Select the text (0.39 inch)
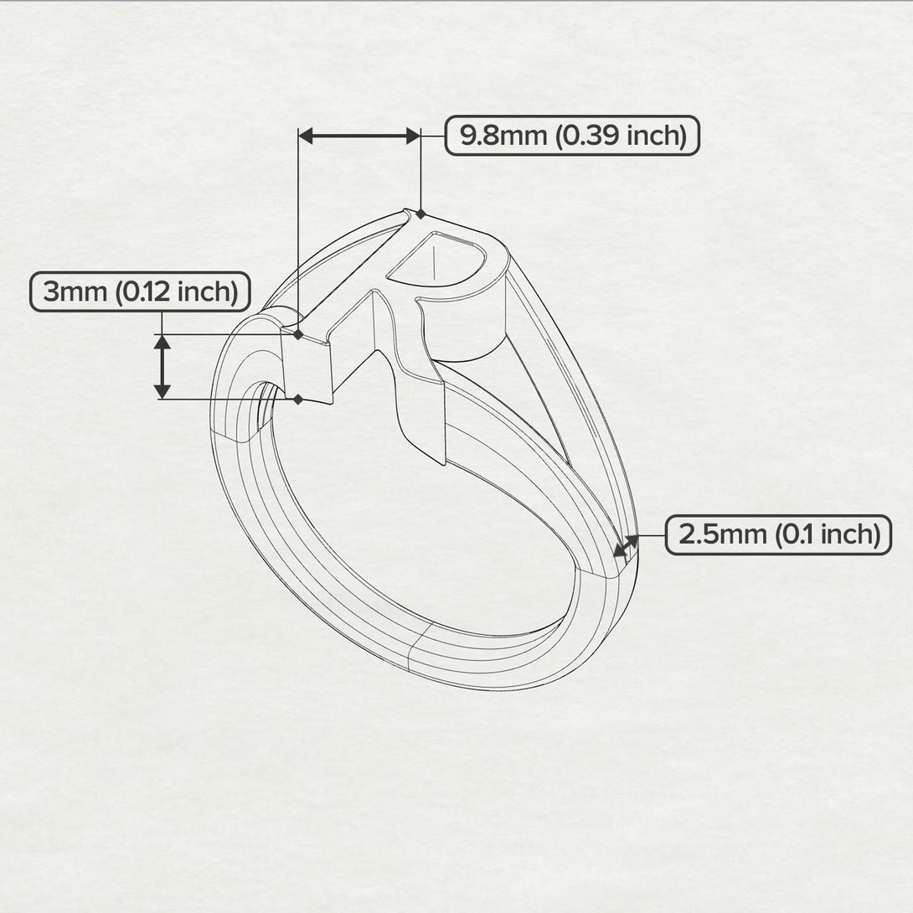[621, 136]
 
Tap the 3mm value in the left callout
[75, 292]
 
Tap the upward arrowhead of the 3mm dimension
[162, 342]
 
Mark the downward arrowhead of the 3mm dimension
[162, 391]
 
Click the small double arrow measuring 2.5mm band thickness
[625, 546]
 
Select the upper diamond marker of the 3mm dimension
[298, 334]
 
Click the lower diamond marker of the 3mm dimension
[298, 400]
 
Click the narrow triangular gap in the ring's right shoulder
[536, 394]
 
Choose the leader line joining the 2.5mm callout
[652, 535]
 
